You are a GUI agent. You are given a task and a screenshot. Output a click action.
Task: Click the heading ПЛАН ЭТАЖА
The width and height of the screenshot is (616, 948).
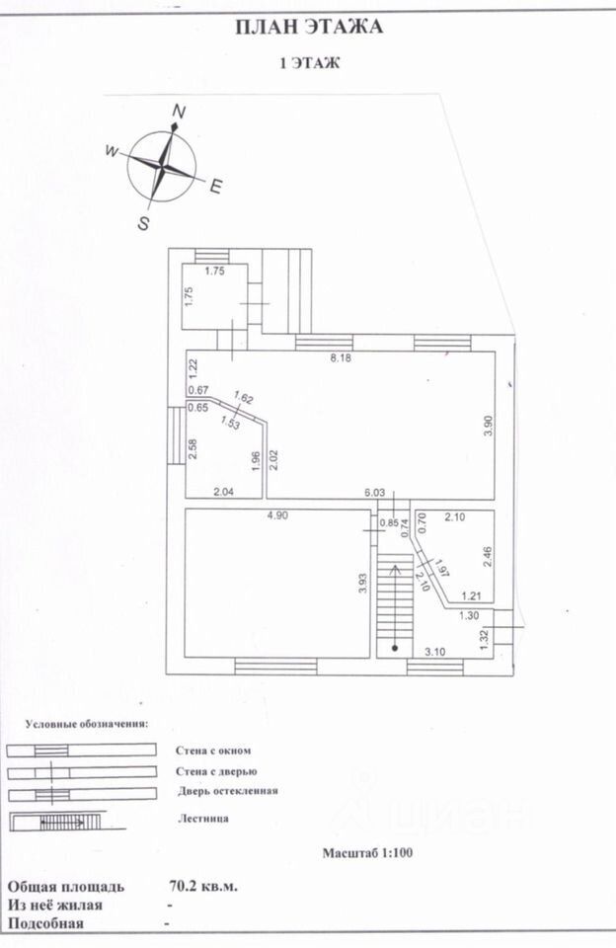(308, 28)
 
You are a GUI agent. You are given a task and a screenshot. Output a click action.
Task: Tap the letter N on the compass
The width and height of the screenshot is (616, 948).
(179, 111)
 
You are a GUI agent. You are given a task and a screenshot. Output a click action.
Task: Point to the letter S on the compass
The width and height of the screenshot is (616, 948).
(143, 223)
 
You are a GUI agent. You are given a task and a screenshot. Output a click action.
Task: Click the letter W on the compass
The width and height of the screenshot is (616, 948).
(112, 151)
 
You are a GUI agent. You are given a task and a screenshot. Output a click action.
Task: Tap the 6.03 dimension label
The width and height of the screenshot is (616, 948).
(374, 492)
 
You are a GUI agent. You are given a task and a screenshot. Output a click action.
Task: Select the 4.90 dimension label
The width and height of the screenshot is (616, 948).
(273, 514)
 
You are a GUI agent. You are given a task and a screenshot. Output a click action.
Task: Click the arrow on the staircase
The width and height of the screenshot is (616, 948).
(395, 571)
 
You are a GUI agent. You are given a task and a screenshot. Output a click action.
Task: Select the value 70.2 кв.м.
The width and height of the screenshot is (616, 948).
(203, 886)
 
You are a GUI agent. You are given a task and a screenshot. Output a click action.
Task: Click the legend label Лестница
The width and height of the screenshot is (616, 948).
(205, 818)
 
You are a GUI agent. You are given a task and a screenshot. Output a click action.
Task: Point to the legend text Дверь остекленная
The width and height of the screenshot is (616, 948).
(228, 790)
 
